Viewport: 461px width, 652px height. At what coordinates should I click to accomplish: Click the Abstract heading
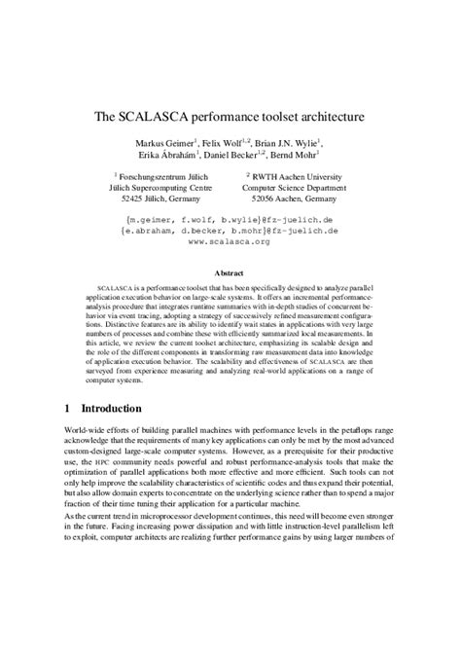pyautogui.click(x=229, y=275)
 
